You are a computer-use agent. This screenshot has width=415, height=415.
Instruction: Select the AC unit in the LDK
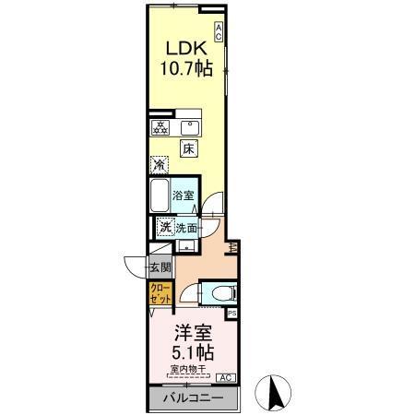click(x=219, y=31)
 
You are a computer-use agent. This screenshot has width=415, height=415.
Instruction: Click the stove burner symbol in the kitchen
click(x=160, y=128)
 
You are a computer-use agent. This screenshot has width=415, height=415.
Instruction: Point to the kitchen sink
click(x=192, y=128)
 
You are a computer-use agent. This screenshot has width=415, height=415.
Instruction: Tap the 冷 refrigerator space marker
click(x=160, y=166)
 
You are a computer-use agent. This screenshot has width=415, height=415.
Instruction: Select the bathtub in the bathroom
click(x=160, y=195)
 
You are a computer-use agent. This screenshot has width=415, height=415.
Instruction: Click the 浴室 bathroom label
click(x=184, y=195)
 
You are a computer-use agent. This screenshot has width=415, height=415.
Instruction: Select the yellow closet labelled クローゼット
click(x=160, y=294)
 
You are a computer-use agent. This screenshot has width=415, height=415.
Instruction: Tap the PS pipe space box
click(x=231, y=314)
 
